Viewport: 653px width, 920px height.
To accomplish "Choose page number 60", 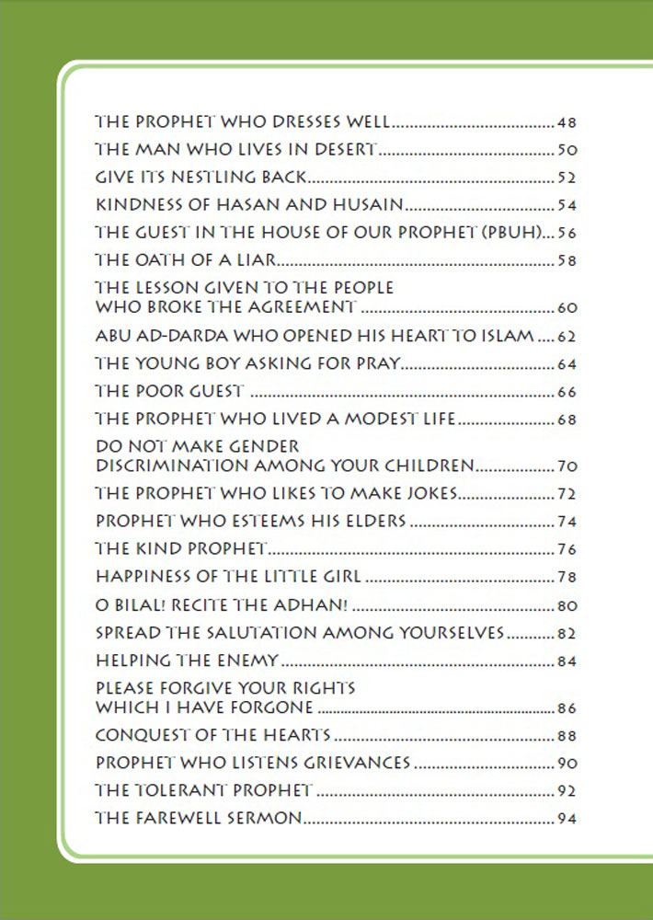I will coord(567,307).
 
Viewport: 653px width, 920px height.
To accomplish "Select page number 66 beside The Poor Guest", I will coord(567,392).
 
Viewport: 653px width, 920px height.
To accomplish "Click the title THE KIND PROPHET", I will coord(181,550).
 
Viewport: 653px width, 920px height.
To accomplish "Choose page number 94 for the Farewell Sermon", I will coord(567,819).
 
